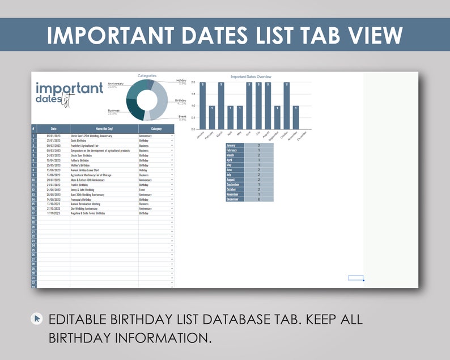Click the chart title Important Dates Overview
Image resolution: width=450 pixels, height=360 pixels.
pos(251,77)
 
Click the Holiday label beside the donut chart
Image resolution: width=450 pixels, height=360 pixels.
pos(181,81)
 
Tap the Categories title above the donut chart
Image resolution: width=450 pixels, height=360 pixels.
pos(147,75)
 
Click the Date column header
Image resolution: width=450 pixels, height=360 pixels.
pos(53,129)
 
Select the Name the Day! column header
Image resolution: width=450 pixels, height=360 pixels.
pos(104,129)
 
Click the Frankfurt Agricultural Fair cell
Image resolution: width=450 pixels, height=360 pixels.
pos(85,146)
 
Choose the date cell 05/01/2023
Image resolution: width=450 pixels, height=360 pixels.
pos(53,136)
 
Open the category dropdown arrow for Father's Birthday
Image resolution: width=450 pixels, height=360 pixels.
pos(172,160)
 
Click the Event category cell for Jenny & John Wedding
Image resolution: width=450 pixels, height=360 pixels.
pos(153,189)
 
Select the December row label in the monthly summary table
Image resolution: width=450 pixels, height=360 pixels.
pos(235,200)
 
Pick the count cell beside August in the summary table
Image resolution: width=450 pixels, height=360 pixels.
pos(259,180)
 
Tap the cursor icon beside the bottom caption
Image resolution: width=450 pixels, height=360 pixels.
pos(37,319)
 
